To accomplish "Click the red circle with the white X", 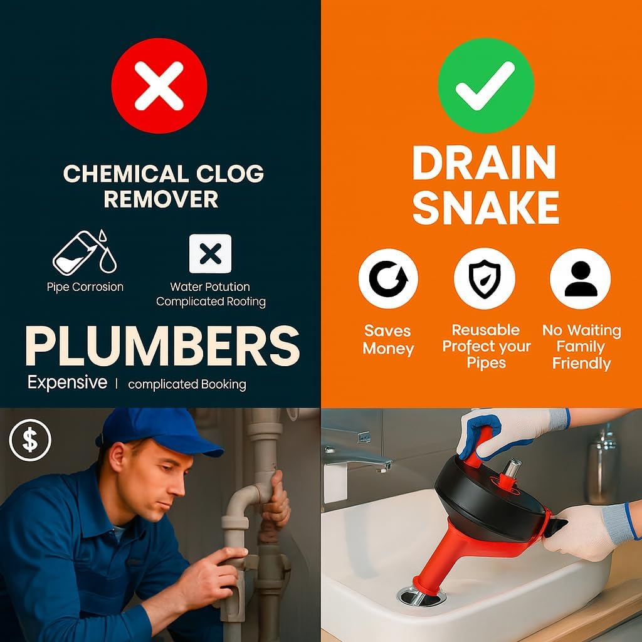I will coord(159,85).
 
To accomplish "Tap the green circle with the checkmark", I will coord(485,85).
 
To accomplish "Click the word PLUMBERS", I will coord(162,345).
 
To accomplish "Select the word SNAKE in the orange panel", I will coord(485,208).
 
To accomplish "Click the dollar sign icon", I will coord(30,439).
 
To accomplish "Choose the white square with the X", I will coord(210,254).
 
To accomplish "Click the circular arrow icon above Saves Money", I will coord(388,278).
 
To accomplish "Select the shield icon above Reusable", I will coord(485,278).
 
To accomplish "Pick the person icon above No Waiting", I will coord(580,278).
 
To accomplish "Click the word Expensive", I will coord(67,382).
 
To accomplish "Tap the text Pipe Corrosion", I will coord(85,287).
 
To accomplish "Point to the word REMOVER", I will coord(161,199).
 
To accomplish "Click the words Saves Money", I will coord(388,339).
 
